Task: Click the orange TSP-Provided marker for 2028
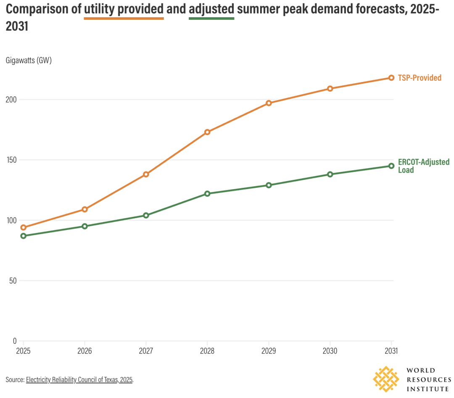(x=207, y=132)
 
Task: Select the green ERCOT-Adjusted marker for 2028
(x=207, y=194)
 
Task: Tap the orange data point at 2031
(x=391, y=78)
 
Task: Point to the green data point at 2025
(x=23, y=236)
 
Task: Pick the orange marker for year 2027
(x=146, y=174)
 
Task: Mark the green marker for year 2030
(x=330, y=174)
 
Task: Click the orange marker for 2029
(x=269, y=103)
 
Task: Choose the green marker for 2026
(x=84, y=226)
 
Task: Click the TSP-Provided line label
(x=420, y=78)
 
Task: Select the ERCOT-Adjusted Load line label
(x=423, y=166)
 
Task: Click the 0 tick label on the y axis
(x=14, y=341)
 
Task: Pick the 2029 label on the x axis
(x=269, y=351)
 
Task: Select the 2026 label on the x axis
(x=84, y=351)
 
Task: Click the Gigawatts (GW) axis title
(x=29, y=61)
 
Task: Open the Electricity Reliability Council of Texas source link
(x=79, y=380)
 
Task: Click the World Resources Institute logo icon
(x=386, y=379)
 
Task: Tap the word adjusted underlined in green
(x=211, y=9)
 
